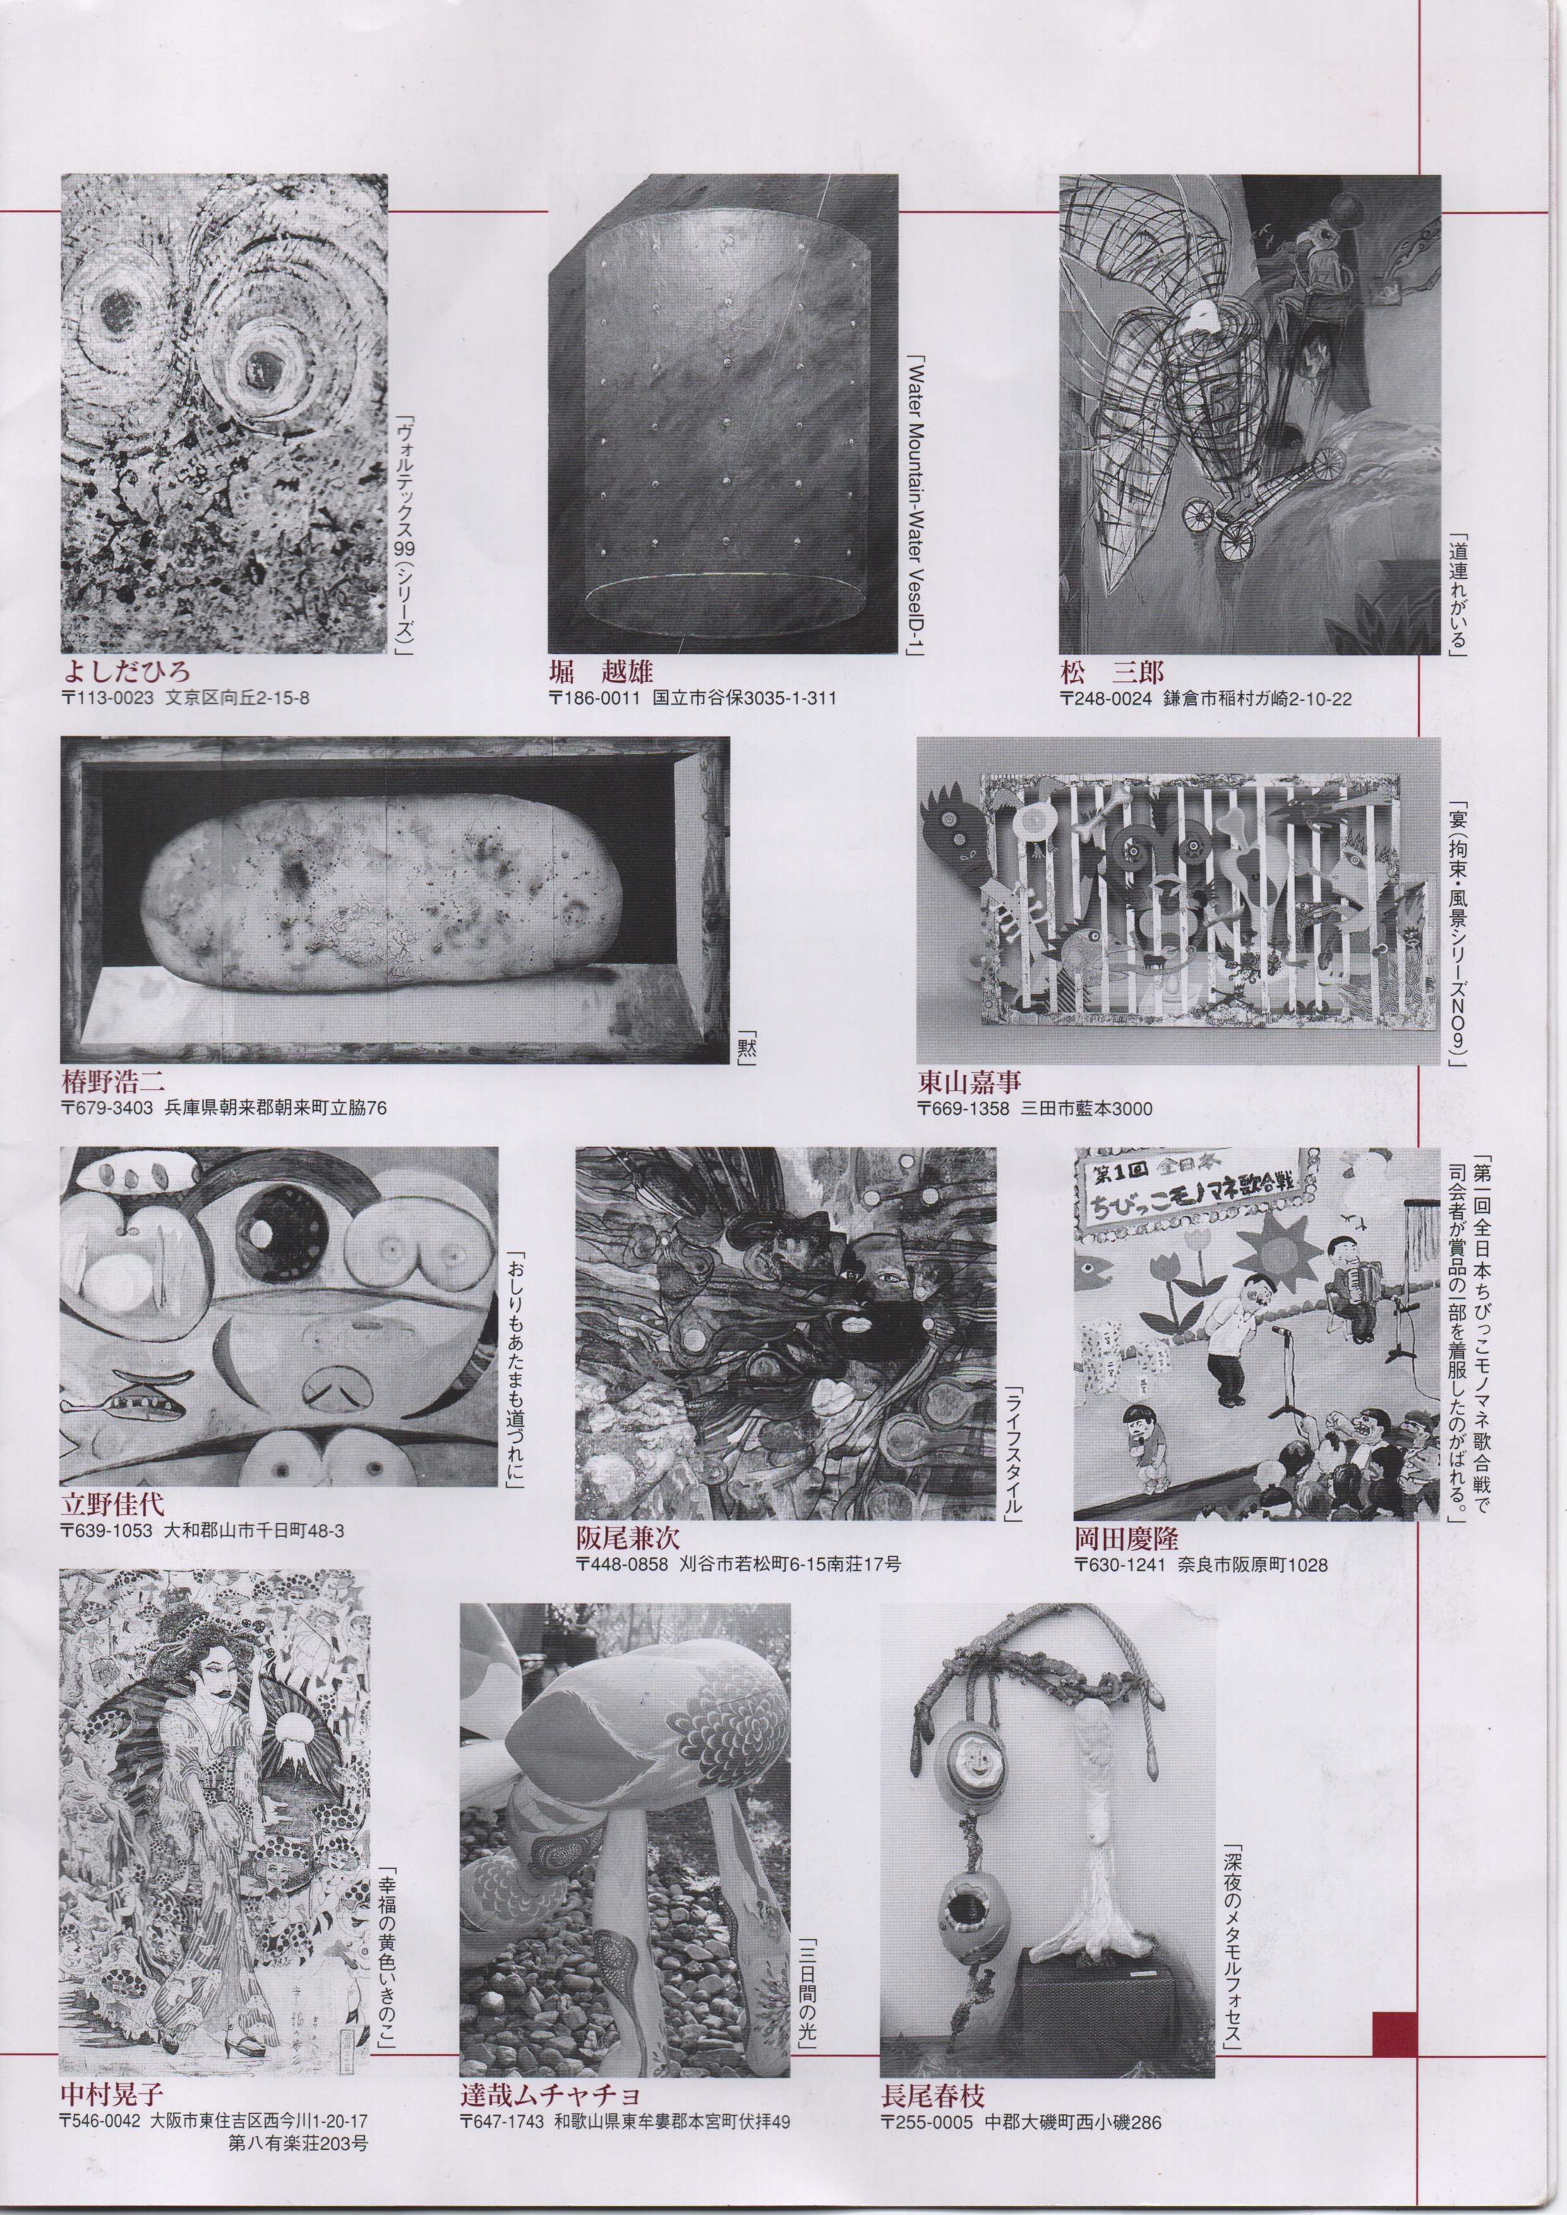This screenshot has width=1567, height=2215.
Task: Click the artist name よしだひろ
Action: point(126,671)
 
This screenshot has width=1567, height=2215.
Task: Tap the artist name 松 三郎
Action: point(1112,671)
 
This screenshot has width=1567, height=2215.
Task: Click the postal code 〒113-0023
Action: point(107,698)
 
